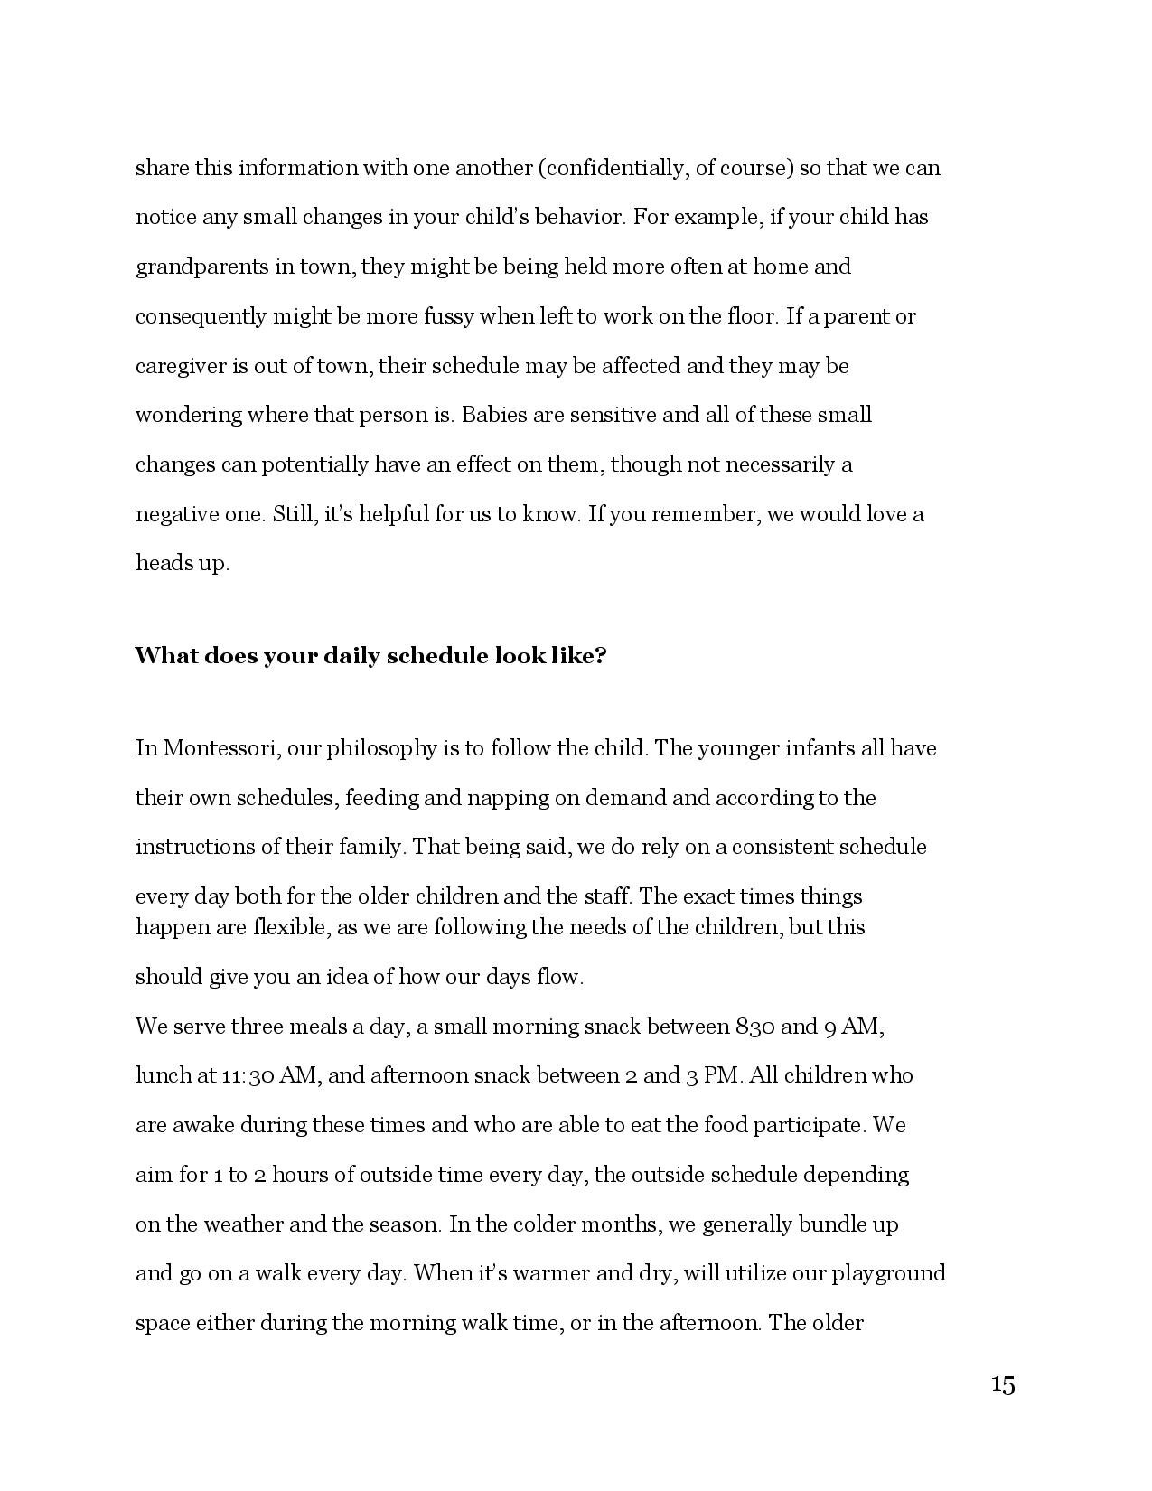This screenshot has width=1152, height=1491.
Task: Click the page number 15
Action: coord(1002,1384)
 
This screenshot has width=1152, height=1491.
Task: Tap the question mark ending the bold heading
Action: coord(600,656)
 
